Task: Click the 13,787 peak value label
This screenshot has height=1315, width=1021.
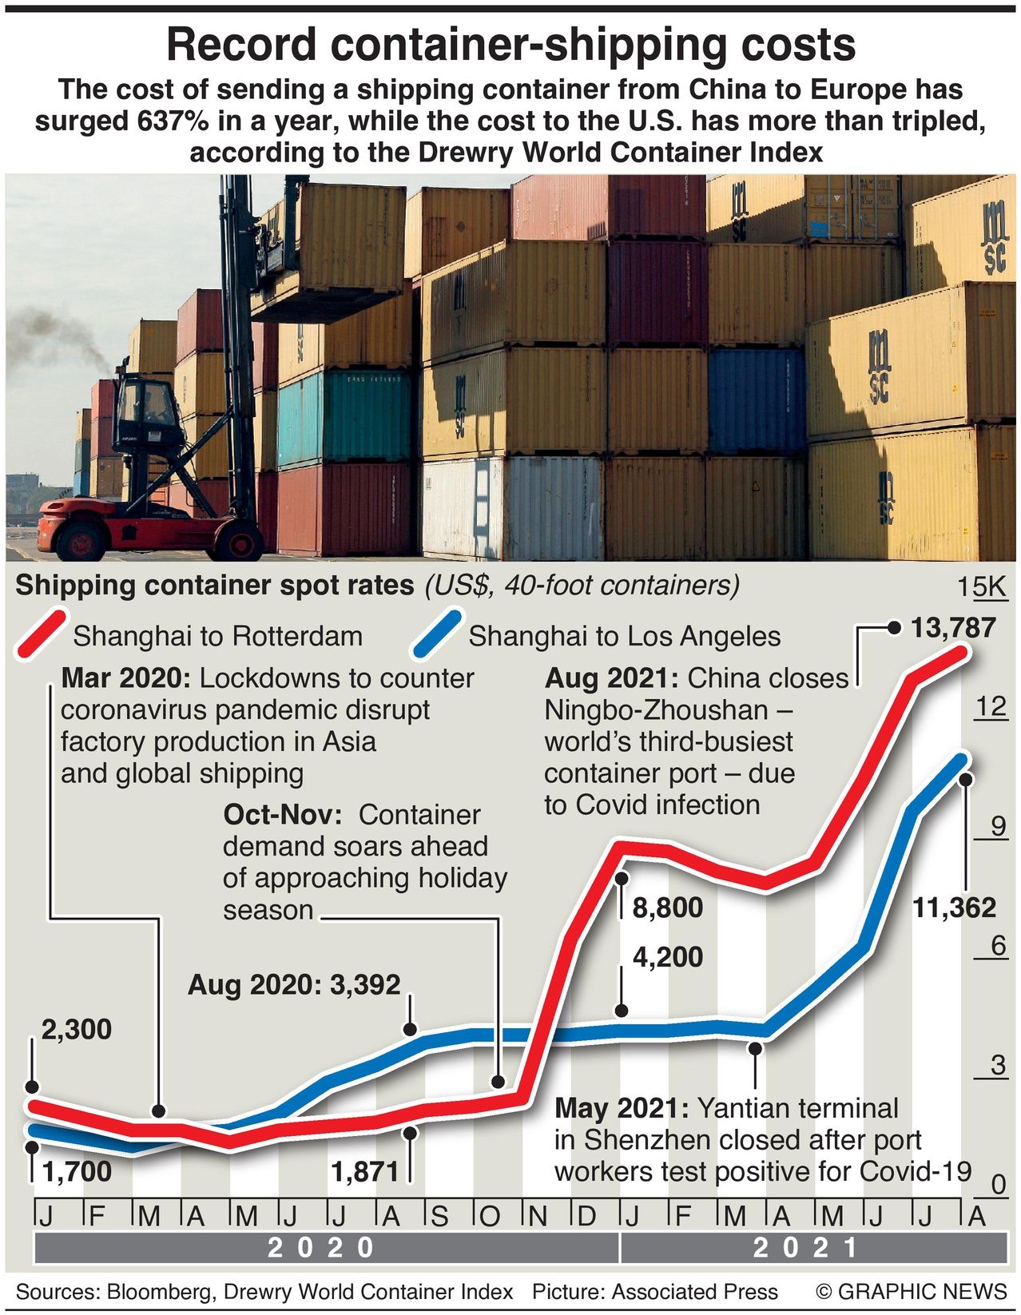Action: click(x=953, y=628)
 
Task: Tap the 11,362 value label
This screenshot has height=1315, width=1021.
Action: click(x=955, y=908)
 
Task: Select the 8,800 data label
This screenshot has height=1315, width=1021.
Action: click(x=667, y=908)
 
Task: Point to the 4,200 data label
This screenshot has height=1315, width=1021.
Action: click(x=667, y=956)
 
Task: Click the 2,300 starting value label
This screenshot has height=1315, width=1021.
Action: click(x=76, y=1029)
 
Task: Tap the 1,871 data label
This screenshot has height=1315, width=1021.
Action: click(x=365, y=1171)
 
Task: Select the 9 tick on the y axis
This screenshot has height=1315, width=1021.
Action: click(x=997, y=825)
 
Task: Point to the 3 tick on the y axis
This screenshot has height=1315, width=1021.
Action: click(x=997, y=1064)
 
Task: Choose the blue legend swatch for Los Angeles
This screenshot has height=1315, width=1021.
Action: click(x=435, y=635)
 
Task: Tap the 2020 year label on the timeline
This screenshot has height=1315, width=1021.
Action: click(x=321, y=1247)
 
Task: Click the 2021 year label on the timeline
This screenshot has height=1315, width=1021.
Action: click(x=806, y=1247)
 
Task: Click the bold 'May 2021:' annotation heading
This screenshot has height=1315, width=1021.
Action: click(x=622, y=1108)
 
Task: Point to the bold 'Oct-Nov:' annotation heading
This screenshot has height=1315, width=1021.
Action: click(x=283, y=814)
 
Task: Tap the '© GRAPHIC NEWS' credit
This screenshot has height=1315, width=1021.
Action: click(x=911, y=1292)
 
